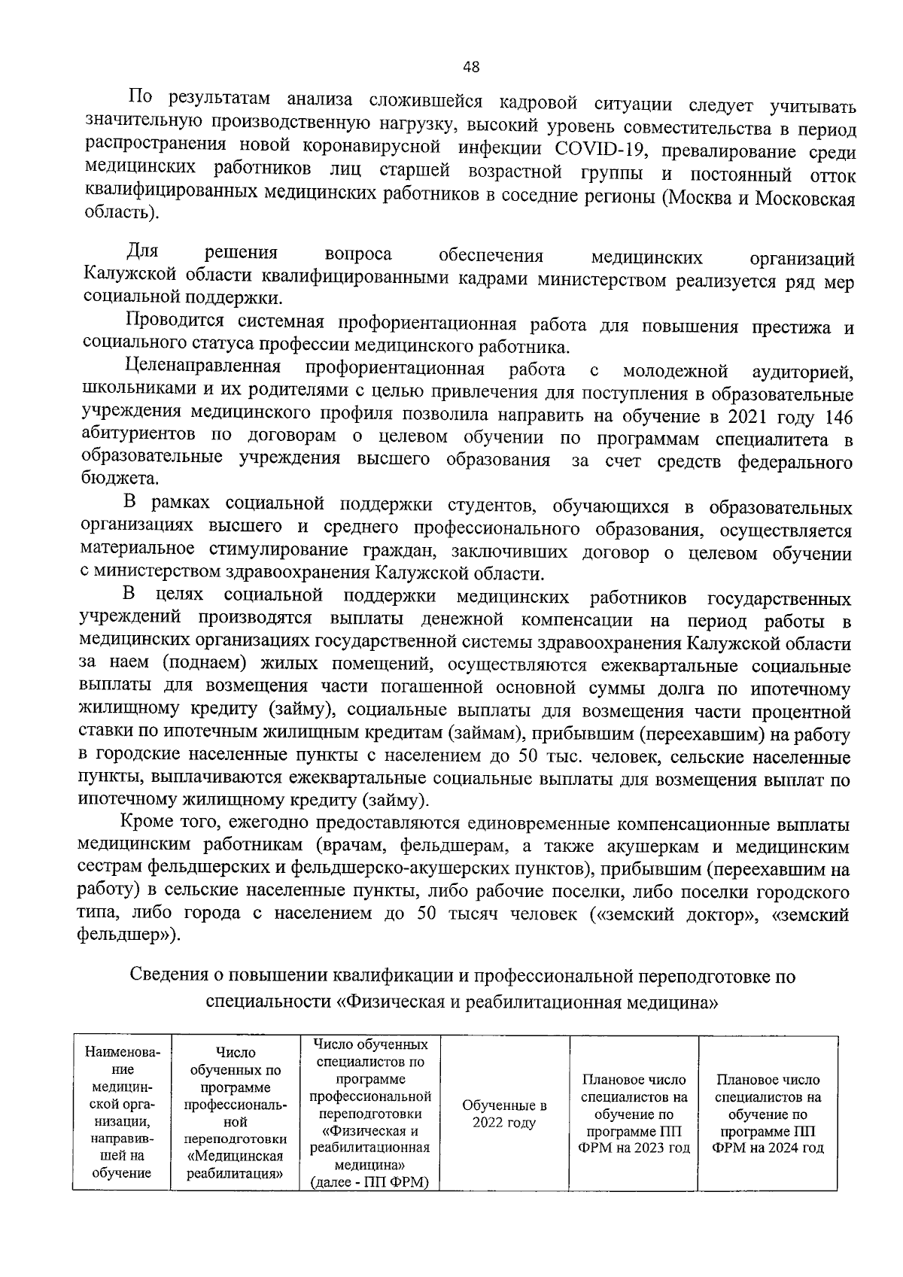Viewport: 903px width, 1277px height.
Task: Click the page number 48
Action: pyautogui.click(x=470, y=67)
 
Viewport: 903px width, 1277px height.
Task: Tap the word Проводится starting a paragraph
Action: pyautogui.click(x=175, y=321)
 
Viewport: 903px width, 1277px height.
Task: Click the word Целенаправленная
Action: pyautogui.click(x=202, y=368)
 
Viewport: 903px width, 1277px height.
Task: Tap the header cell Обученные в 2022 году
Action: pyautogui.click(x=504, y=1114)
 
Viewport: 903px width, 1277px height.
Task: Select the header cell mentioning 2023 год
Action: pyautogui.click(x=635, y=1114)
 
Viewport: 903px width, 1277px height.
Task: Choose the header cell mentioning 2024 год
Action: pyautogui.click(x=768, y=1114)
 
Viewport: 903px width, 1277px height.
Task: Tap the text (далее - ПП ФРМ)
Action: pyautogui.click(x=369, y=1181)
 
